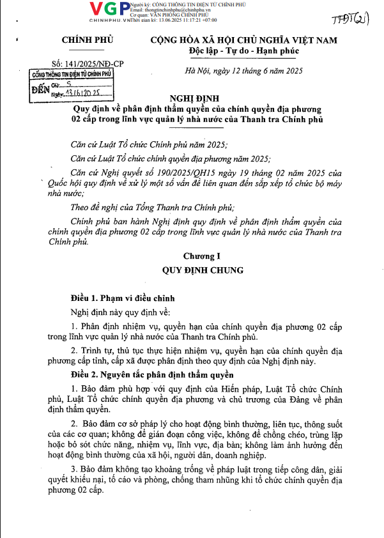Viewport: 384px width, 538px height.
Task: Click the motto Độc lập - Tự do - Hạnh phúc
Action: click(243, 50)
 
